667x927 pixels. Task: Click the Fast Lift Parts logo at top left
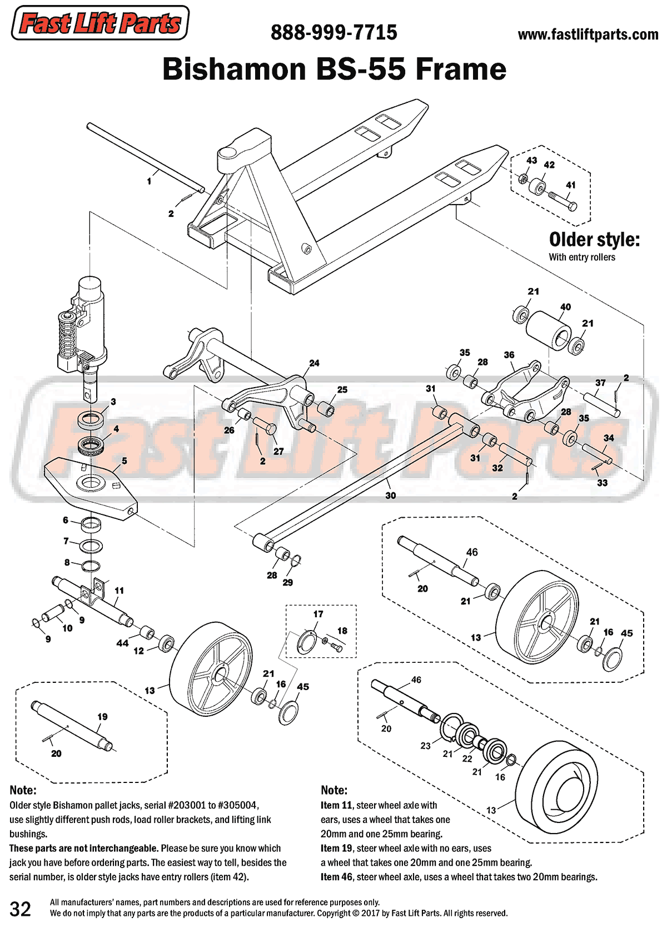(x=100, y=23)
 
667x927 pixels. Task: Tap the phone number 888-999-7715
(x=333, y=33)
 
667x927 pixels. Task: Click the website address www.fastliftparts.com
(x=588, y=34)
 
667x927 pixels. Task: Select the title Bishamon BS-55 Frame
(x=334, y=70)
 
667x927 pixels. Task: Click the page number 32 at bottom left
(x=21, y=909)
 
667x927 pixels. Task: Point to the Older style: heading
(x=594, y=240)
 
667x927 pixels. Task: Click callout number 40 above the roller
(x=565, y=307)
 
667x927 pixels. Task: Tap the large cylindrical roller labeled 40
(x=549, y=330)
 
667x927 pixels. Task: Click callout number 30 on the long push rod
(x=391, y=495)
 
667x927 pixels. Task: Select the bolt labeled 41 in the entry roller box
(x=563, y=201)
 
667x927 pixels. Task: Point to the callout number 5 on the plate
(x=125, y=461)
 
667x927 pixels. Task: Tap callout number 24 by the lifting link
(x=314, y=363)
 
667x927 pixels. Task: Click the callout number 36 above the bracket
(x=509, y=355)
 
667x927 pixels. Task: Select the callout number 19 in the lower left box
(x=102, y=717)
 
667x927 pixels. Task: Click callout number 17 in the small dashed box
(x=318, y=614)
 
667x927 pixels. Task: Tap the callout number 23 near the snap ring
(x=425, y=746)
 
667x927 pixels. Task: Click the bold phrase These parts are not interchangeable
(x=84, y=849)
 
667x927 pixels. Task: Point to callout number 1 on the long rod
(x=149, y=181)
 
